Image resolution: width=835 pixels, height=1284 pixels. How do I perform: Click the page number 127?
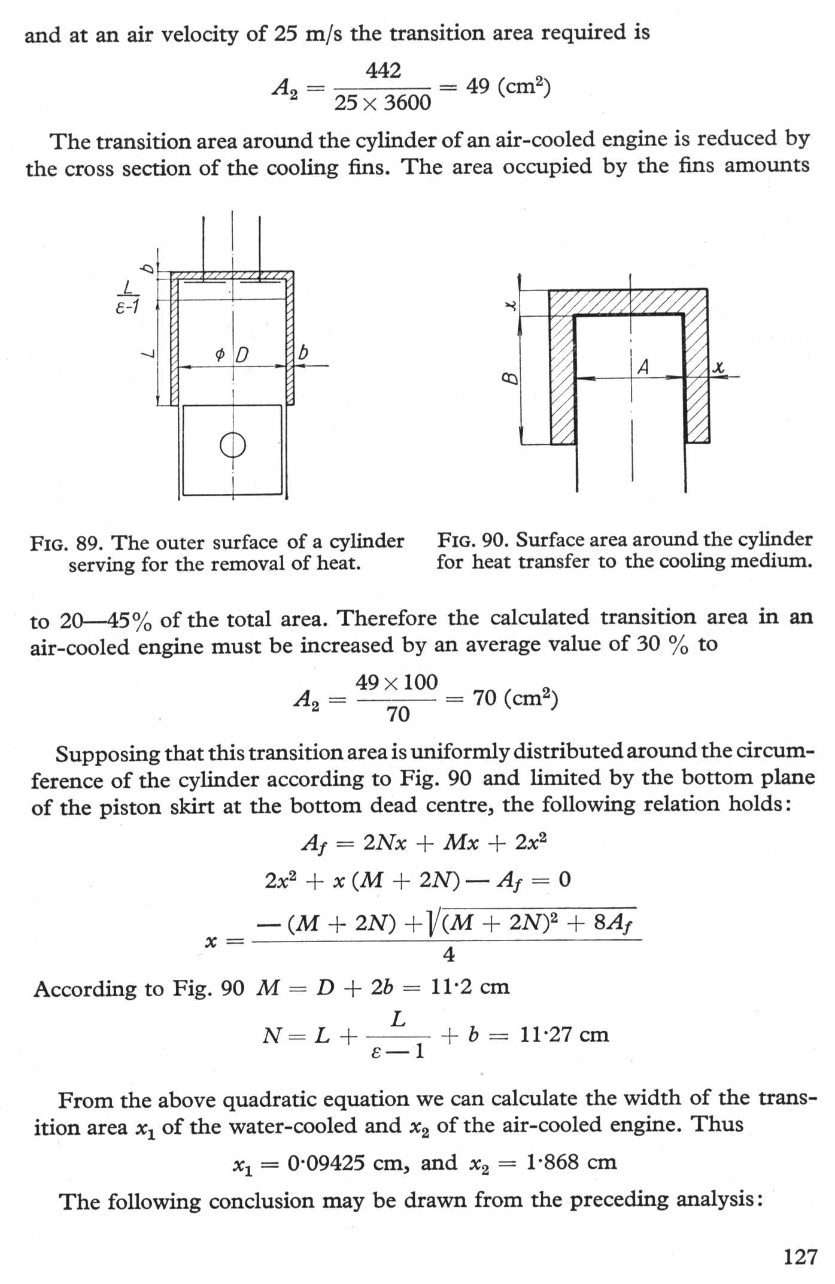click(x=800, y=1255)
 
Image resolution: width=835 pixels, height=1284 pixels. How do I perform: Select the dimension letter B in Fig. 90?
click(x=510, y=378)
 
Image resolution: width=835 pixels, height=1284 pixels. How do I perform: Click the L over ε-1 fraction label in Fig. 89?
click(x=127, y=298)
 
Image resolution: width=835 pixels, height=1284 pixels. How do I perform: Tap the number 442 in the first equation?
click(x=383, y=71)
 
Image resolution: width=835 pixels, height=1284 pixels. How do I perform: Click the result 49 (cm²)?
click(x=508, y=88)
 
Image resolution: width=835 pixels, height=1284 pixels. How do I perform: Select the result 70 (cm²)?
click(x=515, y=698)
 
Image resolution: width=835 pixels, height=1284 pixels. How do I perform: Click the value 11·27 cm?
click(x=564, y=1034)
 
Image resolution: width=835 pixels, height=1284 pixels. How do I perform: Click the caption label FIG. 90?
click(x=472, y=540)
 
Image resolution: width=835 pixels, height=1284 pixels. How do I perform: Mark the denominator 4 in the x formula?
click(x=448, y=955)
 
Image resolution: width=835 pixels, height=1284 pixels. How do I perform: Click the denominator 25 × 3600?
click(x=382, y=104)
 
